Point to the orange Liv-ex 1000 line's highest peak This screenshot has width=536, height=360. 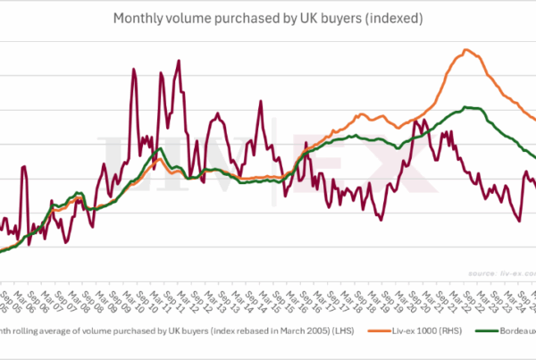tap(466, 50)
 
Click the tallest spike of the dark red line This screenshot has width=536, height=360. tap(180, 61)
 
